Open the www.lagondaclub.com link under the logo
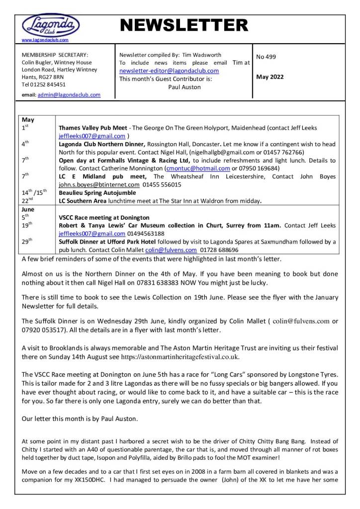[x=45, y=40]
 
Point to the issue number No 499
[x=266, y=57]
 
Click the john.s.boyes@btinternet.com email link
[x=94, y=184]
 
